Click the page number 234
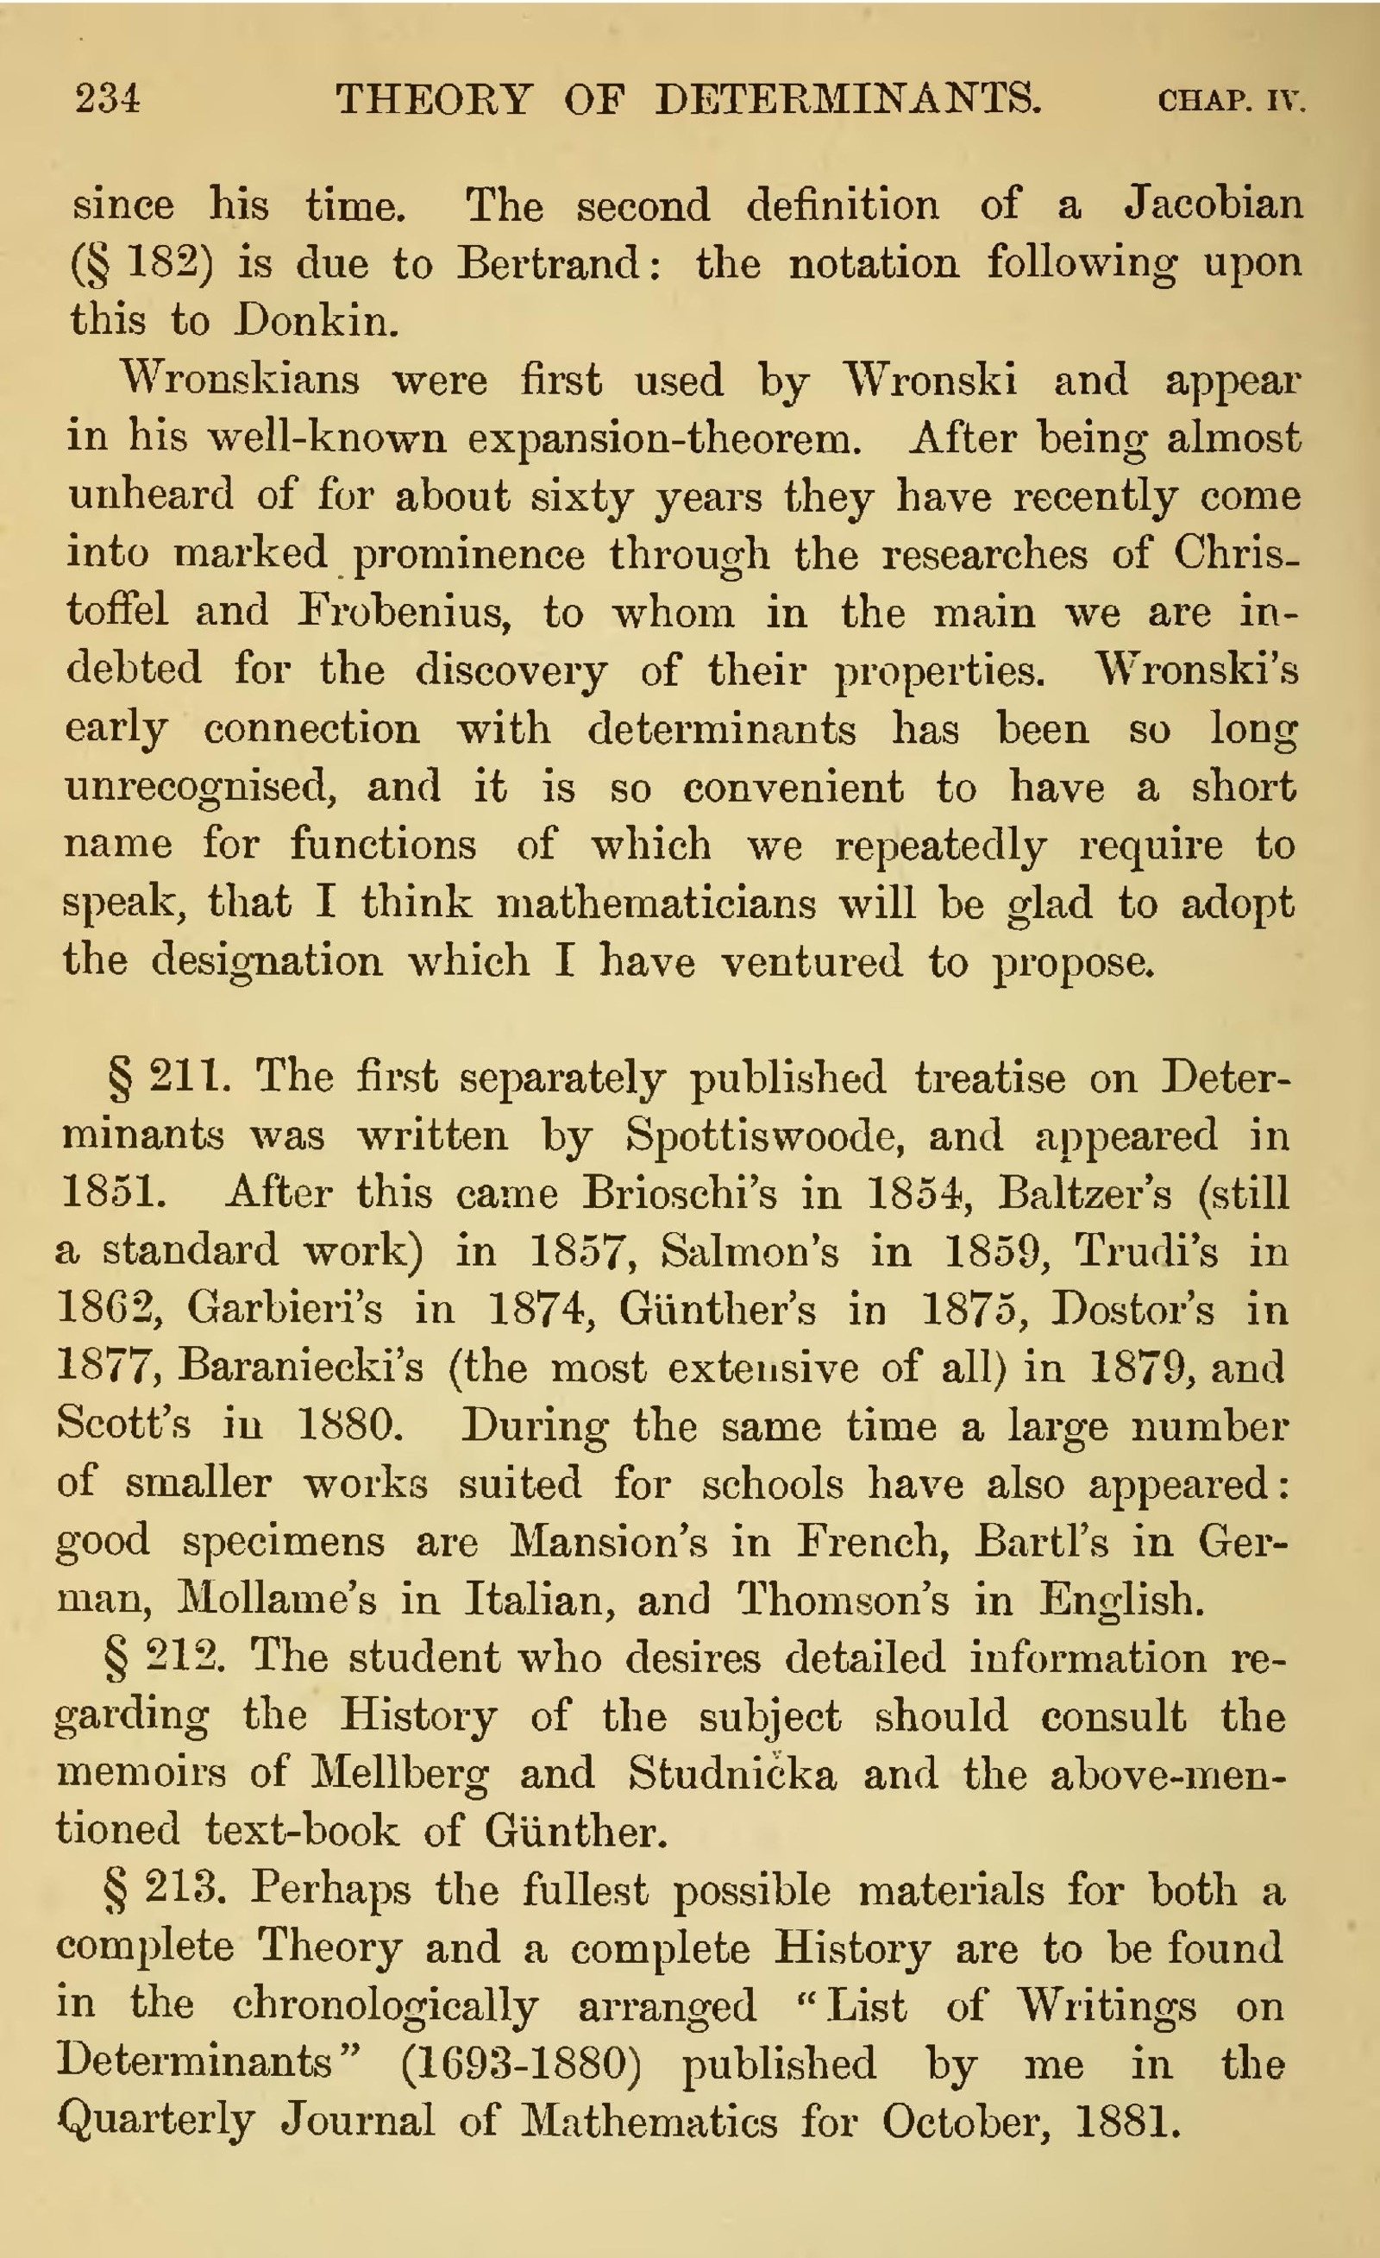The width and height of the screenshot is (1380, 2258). pyautogui.click(x=108, y=98)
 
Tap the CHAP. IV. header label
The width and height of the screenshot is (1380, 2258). pyautogui.click(x=1231, y=100)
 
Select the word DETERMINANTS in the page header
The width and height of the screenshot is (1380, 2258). pyautogui.click(x=848, y=98)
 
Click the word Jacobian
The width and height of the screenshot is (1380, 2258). pyautogui.click(x=1213, y=204)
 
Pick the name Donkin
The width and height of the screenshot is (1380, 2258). pyautogui.click(x=315, y=321)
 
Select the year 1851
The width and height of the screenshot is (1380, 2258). pyautogui.click(x=114, y=1193)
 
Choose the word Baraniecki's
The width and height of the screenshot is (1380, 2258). pyautogui.click(x=302, y=1368)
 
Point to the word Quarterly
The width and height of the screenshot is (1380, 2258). pyautogui.click(x=156, y=2121)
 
